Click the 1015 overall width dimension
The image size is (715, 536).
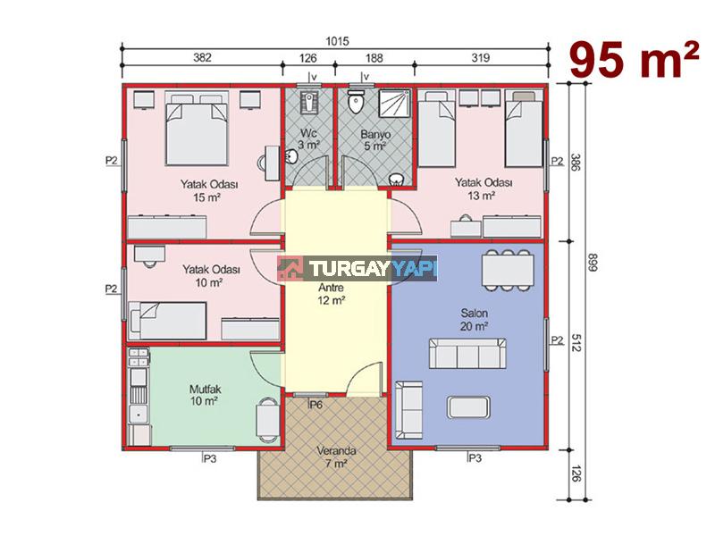(337, 41)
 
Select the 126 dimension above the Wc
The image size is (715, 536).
(307, 58)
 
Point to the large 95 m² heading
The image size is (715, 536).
(634, 60)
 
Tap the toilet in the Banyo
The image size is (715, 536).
(354, 101)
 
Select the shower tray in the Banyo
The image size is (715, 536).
(395, 104)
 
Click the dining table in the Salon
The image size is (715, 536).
(507, 270)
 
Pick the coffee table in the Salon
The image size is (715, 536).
(468, 407)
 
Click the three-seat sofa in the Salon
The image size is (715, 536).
(467, 353)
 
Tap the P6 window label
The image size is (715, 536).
(316, 405)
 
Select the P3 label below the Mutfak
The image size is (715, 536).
(209, 458)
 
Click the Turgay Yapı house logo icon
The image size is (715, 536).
(291, 269)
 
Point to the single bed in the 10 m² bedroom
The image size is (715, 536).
(167, 321)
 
